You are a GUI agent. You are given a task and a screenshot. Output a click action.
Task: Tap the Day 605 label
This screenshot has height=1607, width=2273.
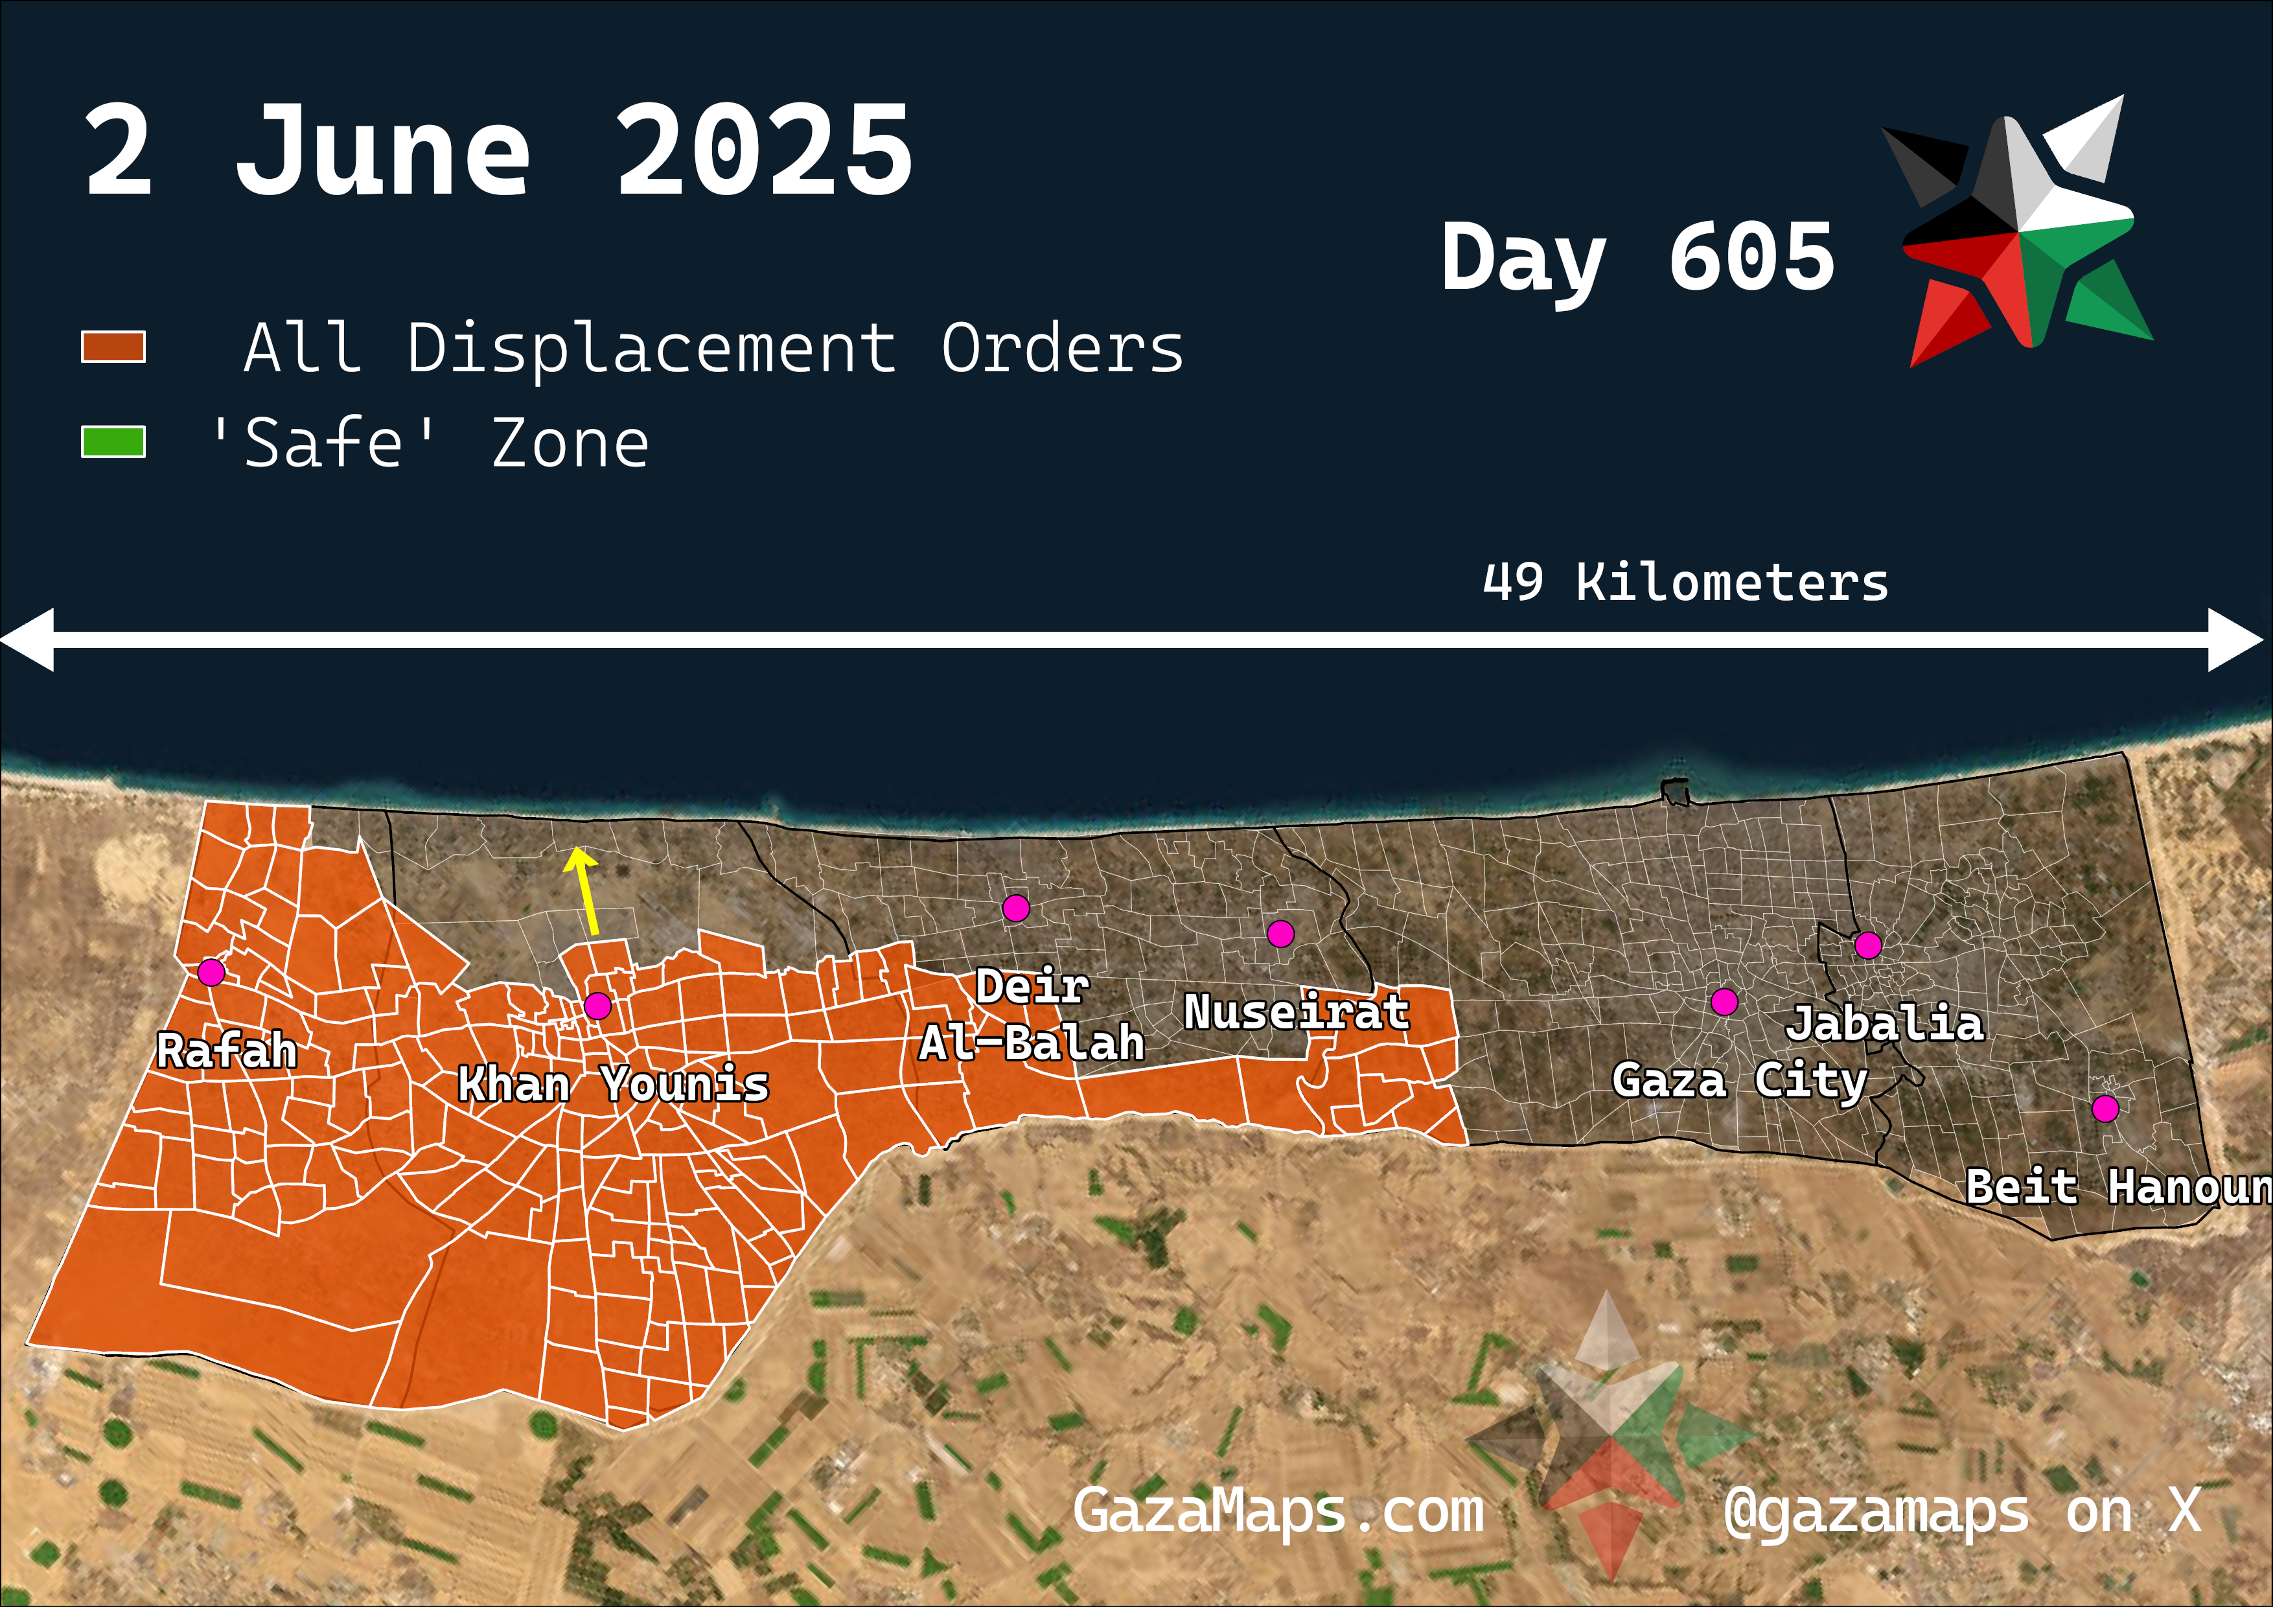click(x=1637, y=257)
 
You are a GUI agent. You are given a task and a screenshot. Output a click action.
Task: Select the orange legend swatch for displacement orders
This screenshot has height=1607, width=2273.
click(x=113, y=347)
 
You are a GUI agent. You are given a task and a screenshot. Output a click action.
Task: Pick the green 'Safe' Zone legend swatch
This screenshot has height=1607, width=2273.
click(x=113, y=442)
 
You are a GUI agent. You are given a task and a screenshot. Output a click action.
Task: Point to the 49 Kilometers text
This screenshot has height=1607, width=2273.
click(x=1685, y=582)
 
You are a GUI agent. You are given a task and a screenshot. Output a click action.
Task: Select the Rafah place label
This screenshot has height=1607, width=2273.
click(x=227, y=1050)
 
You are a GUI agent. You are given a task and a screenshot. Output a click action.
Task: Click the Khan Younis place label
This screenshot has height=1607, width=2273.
click(x=613, y=1084)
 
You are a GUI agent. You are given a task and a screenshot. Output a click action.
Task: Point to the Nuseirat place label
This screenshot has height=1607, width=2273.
click(x=1296, y=1012)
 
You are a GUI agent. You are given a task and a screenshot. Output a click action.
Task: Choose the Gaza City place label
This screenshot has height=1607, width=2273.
click(x=1739, y=1080)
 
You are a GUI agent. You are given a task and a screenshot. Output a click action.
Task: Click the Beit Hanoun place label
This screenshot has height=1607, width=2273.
click(x=2117, y=1187)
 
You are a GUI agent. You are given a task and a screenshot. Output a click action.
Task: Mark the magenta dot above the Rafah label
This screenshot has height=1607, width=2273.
click(x=211, y=973)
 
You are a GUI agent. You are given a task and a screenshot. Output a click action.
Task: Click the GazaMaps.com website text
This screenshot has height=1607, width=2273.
click(x=1278, y=1512)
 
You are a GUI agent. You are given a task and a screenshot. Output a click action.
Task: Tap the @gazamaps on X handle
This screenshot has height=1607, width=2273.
click(x=1961, y=1512)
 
